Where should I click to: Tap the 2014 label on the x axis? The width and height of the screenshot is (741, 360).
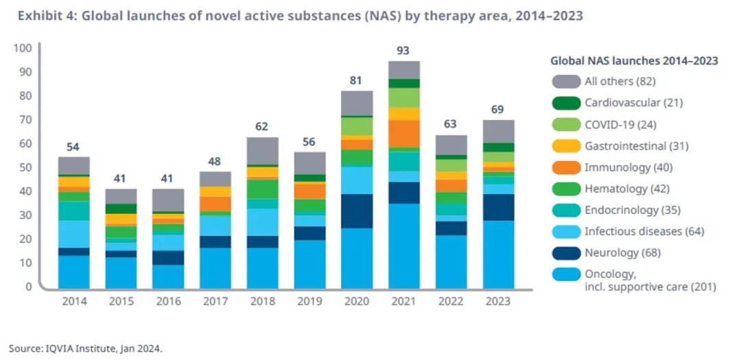pyautogui.click(x=73, y=300)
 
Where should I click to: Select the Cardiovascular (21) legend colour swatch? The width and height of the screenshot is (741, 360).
pyautogui.click(x=565, y=103)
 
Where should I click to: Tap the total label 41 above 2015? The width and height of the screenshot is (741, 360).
pyautogui.click(x=121, y=178)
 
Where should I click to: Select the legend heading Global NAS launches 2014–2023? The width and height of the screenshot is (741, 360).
pyautogui.click(x=634, y=60)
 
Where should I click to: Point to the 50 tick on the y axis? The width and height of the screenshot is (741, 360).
pyautogui.click(x=25, y=167)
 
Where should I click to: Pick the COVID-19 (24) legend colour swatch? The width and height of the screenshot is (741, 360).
pyautogui.click(x=565, y=124)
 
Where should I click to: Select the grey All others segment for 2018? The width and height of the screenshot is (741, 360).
pyautogui.click(x=261, y=151)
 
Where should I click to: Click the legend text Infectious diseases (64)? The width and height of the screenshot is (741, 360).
pyautogui.click(x=644, y=231)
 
